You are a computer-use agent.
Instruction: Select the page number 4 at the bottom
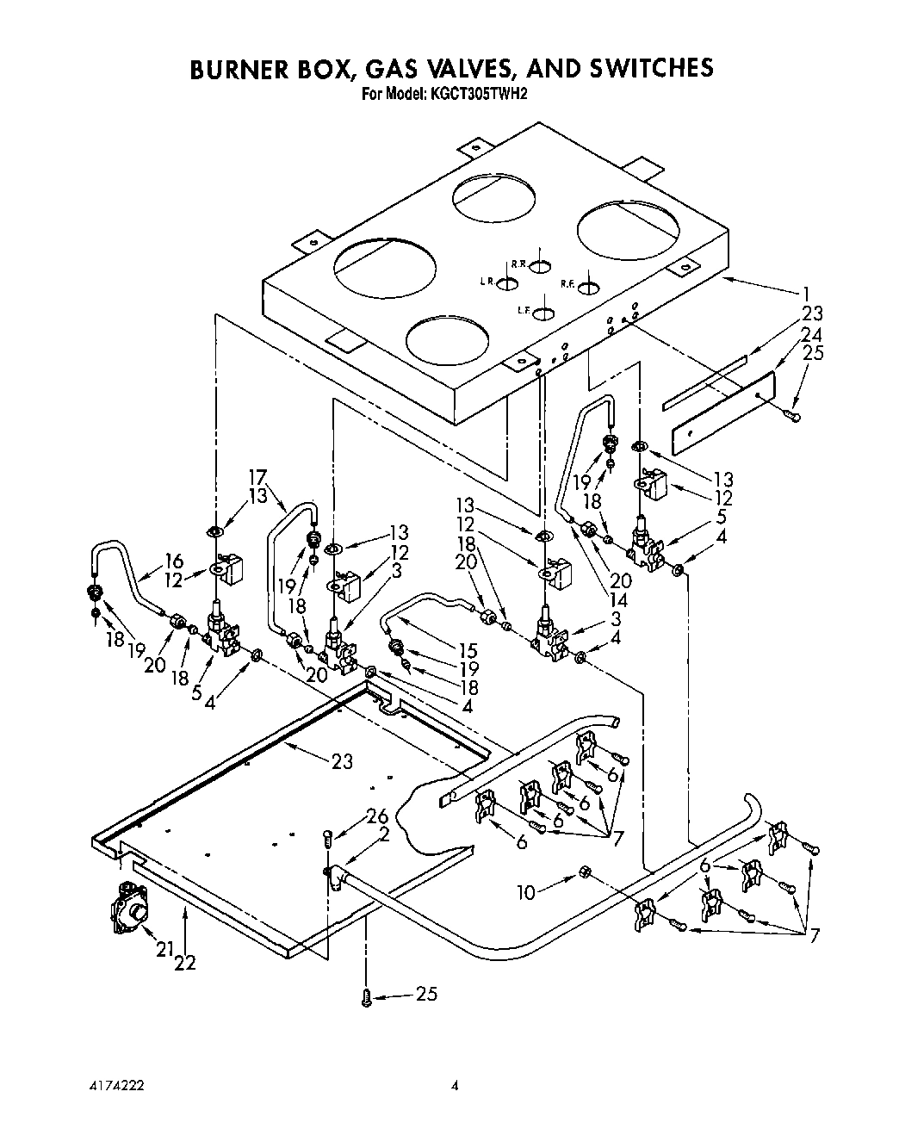[454, 1086]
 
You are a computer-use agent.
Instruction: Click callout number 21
[164, 950]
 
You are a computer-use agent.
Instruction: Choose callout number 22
[184, 963]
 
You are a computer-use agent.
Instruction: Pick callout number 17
[257, 476]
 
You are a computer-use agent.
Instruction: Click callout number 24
[811, 334]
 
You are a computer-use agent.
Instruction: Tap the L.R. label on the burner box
[487, 282]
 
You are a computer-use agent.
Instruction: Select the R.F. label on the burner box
[567, 282]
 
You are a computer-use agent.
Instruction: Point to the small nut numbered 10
[584, 873]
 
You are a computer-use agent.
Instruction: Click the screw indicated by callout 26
[328, 834]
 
